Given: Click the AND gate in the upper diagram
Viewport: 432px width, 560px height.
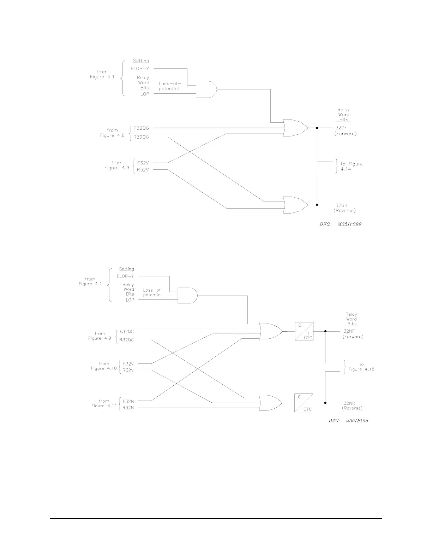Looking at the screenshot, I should [x=206, y=89].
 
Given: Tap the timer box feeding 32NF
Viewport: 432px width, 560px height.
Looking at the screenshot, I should [x=304, y=331].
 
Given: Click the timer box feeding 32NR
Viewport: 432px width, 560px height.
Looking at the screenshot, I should [x=304, y=403].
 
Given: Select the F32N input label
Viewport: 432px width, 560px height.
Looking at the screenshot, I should [x=128, y=401].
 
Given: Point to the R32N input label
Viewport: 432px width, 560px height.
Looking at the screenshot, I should [x=128, y=408].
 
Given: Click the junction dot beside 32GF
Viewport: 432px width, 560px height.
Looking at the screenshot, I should [x=317, y=128].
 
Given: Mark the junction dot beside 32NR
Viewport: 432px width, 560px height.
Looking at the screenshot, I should [x=325, y=403].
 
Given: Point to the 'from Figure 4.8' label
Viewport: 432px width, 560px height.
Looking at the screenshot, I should [x=113, y=133].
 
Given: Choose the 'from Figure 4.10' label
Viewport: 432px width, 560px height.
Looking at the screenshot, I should [x=103, y=366].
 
